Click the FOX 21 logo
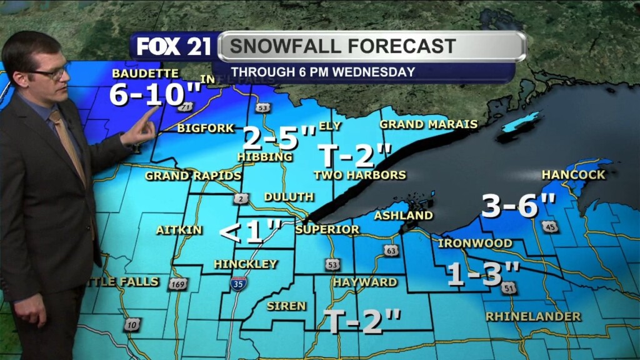[173, 47]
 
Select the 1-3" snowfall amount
[483, 274]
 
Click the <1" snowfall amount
[250, 232]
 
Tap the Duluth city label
[288, 197]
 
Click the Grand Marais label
[428, 124]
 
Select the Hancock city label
[573, 175]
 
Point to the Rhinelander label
[533, 316]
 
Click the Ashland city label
[403, 216]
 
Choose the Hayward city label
[364, 282]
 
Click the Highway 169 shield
[177, 284]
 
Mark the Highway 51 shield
[509, 287]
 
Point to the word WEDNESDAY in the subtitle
[373, 72]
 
